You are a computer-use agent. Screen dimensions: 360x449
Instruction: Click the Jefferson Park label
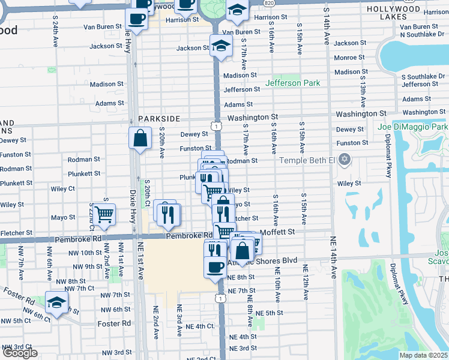(x=293, y=83)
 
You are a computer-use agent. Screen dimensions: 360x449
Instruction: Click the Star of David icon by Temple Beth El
(x=344, y=160)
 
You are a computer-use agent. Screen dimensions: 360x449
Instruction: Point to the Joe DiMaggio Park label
(x=413, y=127)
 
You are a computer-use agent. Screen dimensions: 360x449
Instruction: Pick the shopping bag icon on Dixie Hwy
(x=139, y=138)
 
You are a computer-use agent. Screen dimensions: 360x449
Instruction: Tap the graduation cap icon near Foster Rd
(x=56, y=302)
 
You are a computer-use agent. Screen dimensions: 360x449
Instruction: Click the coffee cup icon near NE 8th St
(x=215, y=266)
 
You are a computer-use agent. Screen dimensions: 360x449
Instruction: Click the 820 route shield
(x=270, y=2)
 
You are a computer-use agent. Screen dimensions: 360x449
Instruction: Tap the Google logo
(x=19, y=353)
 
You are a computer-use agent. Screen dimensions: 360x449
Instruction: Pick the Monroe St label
(x=345, y=58)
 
